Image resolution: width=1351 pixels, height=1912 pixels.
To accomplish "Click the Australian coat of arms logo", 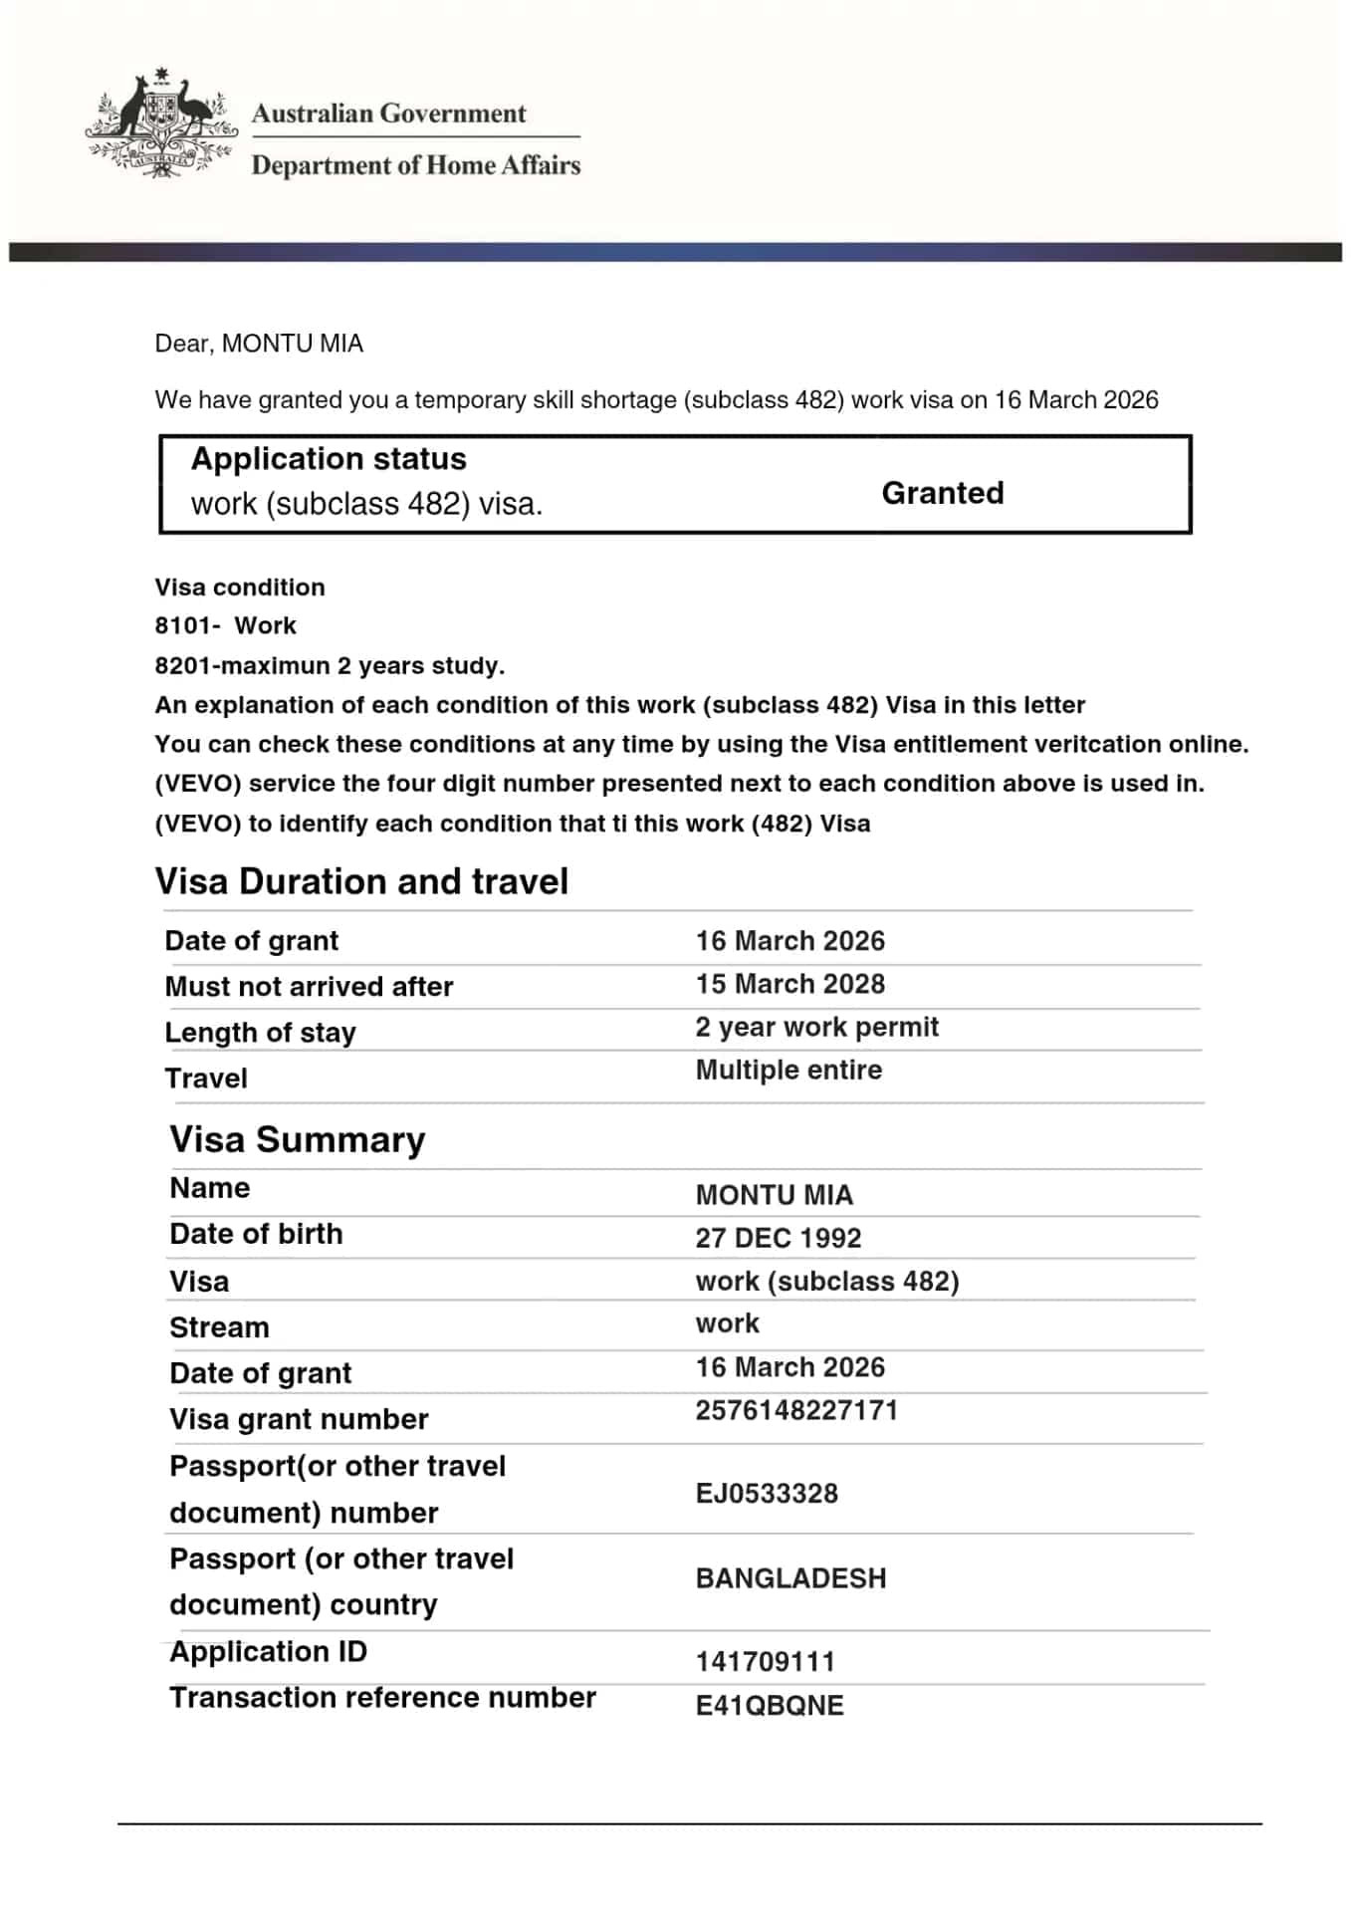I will point(160,124).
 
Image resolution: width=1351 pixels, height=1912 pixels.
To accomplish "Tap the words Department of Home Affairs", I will point(415,165).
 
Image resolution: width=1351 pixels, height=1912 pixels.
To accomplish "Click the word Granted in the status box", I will point(942,493).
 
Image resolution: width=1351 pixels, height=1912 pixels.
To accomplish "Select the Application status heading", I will point(329,459).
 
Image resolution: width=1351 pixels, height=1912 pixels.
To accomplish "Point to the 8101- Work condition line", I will point(225,625).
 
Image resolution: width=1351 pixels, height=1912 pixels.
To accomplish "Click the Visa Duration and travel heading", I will point(361,881).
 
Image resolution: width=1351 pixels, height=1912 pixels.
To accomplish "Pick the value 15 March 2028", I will point(789,984).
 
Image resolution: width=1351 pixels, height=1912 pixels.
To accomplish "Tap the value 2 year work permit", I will point(816,1027).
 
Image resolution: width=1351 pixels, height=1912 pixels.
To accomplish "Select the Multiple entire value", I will point(788,1070).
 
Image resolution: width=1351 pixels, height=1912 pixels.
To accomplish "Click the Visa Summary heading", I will point(298,1139).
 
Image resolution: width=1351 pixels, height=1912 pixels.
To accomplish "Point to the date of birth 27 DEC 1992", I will point(778,1238).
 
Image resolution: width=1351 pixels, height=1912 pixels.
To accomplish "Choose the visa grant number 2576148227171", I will point(796,1410).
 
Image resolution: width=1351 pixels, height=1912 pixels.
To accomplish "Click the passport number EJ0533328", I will point(767,1493).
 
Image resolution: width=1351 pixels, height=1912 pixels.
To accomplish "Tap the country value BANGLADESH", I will point(790,1578).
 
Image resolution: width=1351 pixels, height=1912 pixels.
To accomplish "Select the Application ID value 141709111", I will point(765,1661).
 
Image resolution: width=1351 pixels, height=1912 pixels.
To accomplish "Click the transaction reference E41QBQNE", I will point(769,1705).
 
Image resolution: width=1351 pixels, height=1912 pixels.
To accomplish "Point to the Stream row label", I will point(219,1327).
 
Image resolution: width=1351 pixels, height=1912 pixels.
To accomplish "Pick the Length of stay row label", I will point(260,1033).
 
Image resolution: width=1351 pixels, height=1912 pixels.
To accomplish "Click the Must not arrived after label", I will point(309,987).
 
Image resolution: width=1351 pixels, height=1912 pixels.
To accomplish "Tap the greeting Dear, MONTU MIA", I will point(259,344).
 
